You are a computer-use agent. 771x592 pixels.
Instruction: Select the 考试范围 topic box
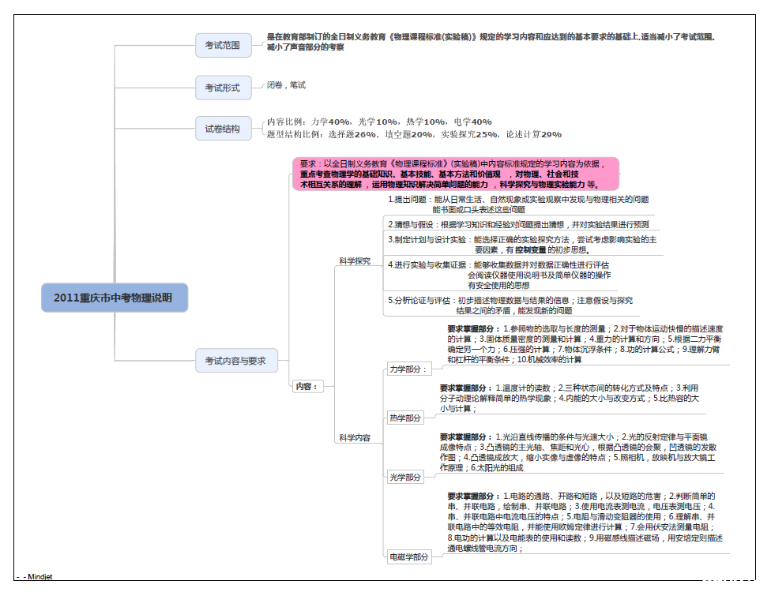[x=223, y=46]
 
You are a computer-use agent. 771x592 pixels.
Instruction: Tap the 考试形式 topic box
[x=223, y=88]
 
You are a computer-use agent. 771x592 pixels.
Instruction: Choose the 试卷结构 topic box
[x=223, y=129]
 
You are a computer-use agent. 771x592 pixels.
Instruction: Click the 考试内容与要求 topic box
[x=235, y=362]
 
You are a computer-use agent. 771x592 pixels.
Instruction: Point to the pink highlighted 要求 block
[x=455, y=174]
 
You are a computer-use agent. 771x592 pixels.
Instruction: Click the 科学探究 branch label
[x=355, y=260]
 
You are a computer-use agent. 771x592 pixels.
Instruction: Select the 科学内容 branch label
[x=355, y=437]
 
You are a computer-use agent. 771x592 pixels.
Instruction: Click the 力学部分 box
[x=407, y=369]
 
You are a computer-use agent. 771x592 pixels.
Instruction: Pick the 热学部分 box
[x=405, y=418]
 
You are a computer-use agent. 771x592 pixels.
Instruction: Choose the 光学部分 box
[x=405, y=477]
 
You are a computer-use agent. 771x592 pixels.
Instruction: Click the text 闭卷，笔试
[x=286, y=85]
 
